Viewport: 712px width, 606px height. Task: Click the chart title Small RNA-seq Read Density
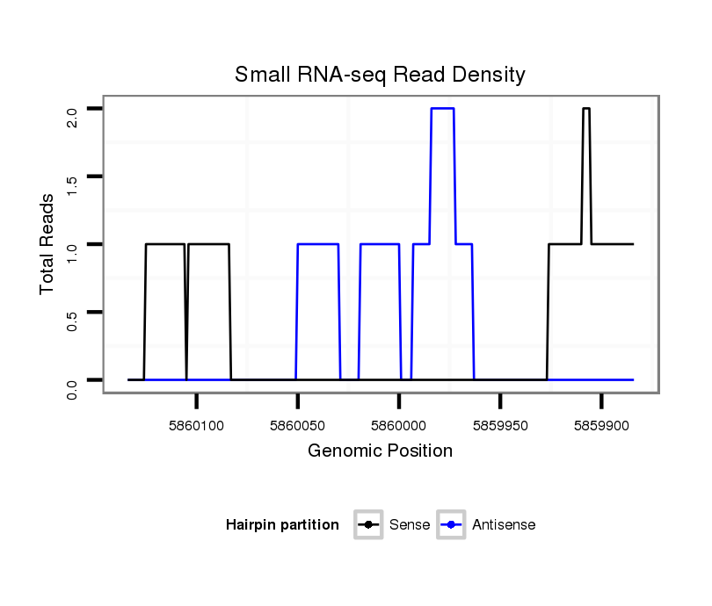tap(380, 76)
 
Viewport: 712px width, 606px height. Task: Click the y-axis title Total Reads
tap(48, 243)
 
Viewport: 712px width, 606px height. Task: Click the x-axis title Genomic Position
tap(380, 451)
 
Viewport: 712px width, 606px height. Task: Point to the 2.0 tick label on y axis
tap(73, 117)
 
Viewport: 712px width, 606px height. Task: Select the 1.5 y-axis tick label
tap(73, 184)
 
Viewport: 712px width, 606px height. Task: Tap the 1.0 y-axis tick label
tap(73, 252)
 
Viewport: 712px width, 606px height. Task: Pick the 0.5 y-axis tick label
tap(73, 320)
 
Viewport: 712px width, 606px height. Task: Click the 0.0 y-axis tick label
tap(73, 387)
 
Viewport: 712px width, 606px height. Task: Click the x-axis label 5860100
tap(197, 424)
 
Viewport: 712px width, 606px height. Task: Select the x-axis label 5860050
tap(298, 424)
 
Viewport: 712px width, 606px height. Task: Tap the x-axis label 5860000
tap(399, 424)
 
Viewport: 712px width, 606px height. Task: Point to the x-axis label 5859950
tap(500, 424)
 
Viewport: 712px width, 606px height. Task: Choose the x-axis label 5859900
tap(601, 424)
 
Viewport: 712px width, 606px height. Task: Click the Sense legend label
tap(409, 525)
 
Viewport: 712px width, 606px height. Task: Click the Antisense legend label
tap(504, 525)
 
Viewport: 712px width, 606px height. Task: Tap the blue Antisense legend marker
tap(451, 525)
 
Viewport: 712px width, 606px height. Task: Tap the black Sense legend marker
tap(368, 525)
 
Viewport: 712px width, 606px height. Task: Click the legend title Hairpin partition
tap(282, 525)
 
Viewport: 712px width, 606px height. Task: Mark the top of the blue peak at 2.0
tap(442, 108)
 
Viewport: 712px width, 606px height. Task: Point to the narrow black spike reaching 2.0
tap(586, 109)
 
